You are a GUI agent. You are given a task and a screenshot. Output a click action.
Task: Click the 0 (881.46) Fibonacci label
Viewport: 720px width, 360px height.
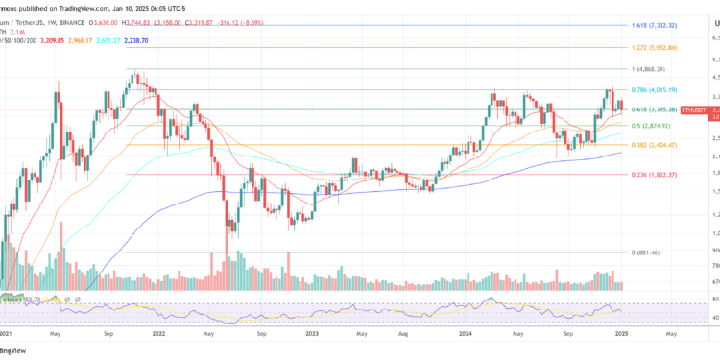coord(653,252)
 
